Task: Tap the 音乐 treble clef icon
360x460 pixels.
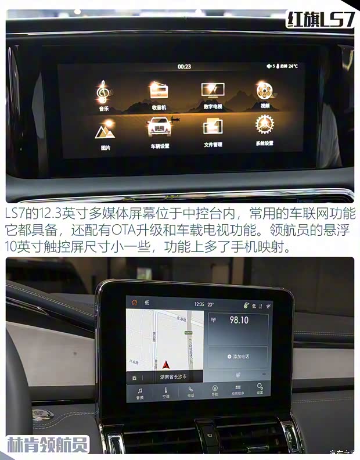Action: pos(103,91)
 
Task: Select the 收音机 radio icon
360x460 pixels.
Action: pos(159,90)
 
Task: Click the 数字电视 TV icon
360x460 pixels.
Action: pos(213,89)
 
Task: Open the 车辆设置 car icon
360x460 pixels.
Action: pos(159,127)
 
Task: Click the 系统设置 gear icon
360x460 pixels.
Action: pos(265,124)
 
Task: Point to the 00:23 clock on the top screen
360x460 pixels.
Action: pos(184,66)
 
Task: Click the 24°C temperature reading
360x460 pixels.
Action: pos(292,66)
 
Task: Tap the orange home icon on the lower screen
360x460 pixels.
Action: pos(135,303)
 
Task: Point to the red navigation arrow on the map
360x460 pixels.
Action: pos(166,365)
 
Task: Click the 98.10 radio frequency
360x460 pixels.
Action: pos(239,320)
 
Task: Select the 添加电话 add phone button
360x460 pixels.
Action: pos(238,356)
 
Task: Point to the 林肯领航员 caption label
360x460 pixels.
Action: pos(48,444)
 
